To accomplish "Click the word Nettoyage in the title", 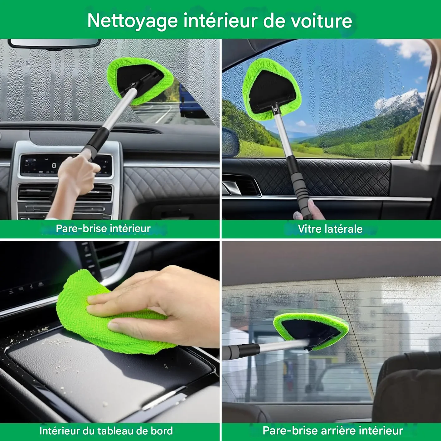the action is (132, 21).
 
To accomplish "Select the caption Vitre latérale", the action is (330, 229).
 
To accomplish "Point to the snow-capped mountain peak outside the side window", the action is (403, 99).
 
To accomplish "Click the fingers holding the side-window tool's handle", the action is (309, 209).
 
